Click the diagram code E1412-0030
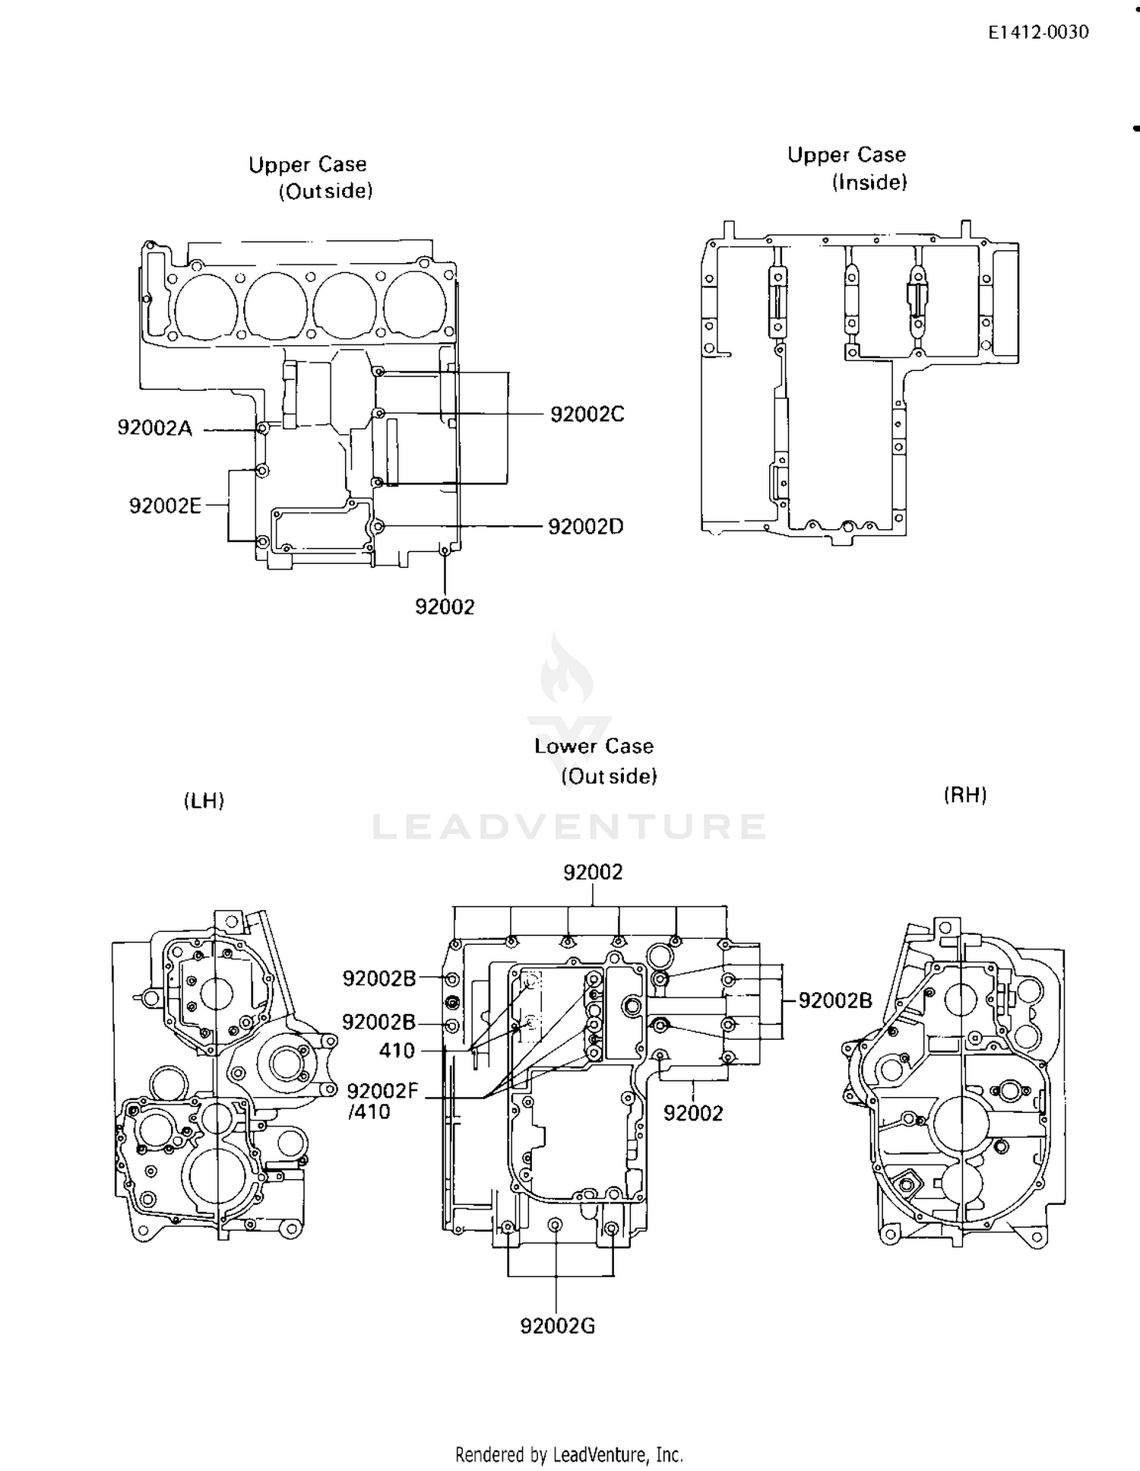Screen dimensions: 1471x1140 [1038, 33]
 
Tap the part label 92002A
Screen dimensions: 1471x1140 [155, 428]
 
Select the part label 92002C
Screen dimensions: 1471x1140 [587, 414]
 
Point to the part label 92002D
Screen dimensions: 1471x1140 [585, 526]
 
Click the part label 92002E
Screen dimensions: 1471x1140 [165, 506]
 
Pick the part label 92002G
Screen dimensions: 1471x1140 [557, 1327]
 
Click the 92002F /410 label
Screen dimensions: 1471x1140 [382, 1102]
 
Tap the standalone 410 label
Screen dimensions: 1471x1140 [397, 1051]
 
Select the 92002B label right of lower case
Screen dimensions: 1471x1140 [834, 1000]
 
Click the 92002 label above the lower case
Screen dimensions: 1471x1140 [593, 872]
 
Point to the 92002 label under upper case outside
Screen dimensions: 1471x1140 [445, 607]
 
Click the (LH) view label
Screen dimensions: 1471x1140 [204, 800]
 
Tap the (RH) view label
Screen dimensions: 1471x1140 [964, 795]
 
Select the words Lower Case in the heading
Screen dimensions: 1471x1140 [594, 746]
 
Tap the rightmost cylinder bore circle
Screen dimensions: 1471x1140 [415, 304]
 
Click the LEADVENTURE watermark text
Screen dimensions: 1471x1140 [570, 827]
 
